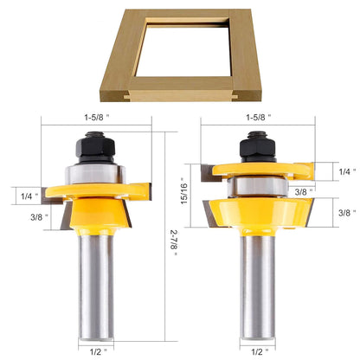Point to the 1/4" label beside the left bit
pyautogui.click(x=28, y=196)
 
